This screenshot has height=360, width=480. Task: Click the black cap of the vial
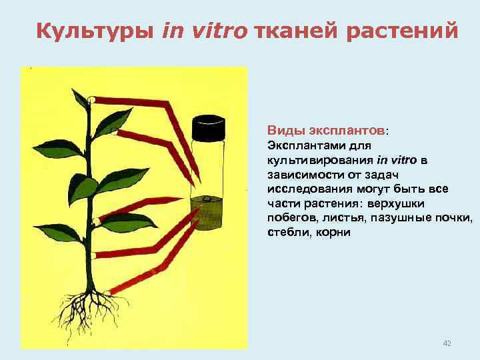click(x=209, y=127)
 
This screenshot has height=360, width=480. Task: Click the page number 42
click(x=447, y=343)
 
